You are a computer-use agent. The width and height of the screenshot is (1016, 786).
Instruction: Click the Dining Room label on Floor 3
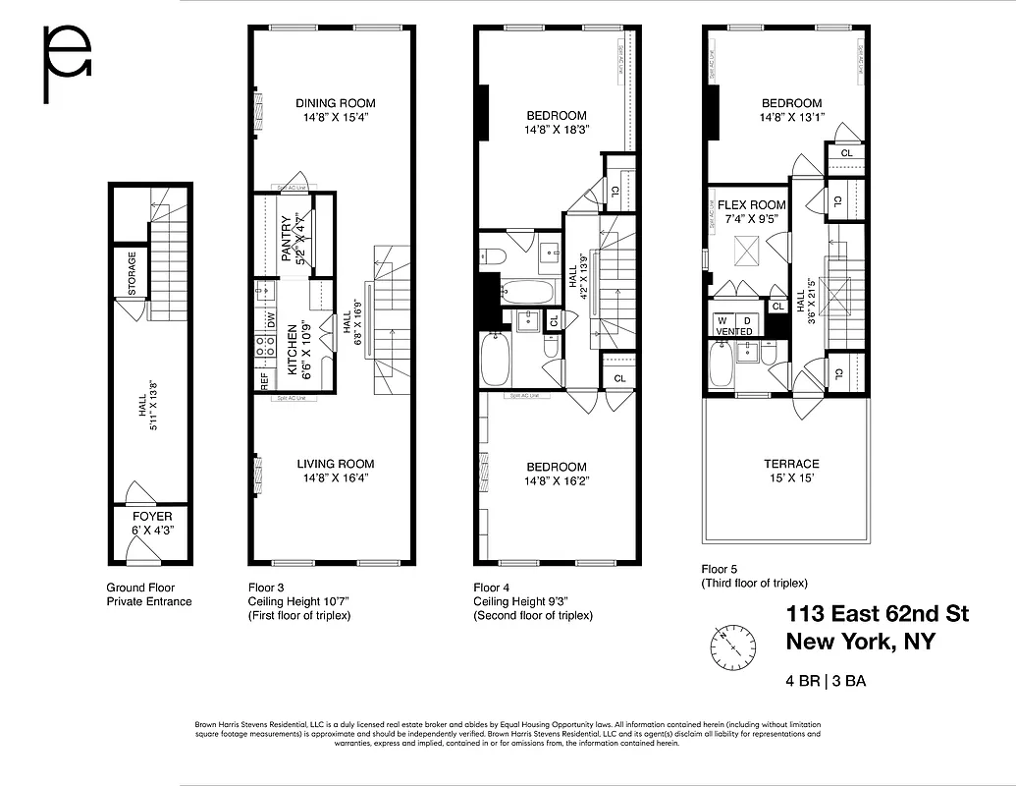335,103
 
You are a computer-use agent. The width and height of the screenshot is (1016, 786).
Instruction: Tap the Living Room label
335,464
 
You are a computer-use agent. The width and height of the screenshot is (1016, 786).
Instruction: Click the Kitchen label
292,351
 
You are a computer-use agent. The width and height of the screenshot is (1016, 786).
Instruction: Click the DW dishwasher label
270,318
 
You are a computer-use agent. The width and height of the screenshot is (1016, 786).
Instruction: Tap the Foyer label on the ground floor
152,516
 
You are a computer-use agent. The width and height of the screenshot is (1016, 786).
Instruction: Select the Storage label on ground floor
132,274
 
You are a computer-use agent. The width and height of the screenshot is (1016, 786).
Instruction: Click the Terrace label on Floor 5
791,464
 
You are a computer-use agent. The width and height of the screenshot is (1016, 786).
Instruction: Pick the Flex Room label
753,205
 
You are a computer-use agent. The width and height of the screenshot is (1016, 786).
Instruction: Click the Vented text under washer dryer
734,332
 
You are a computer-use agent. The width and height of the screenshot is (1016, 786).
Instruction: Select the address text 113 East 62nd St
878,614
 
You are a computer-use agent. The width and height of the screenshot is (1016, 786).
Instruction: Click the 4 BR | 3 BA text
826,680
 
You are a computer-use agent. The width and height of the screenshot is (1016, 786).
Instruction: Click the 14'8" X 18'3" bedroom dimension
556,129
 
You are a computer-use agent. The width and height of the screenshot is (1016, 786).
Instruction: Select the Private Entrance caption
149,601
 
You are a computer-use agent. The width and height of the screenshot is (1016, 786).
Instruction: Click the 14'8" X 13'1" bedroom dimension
791,117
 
